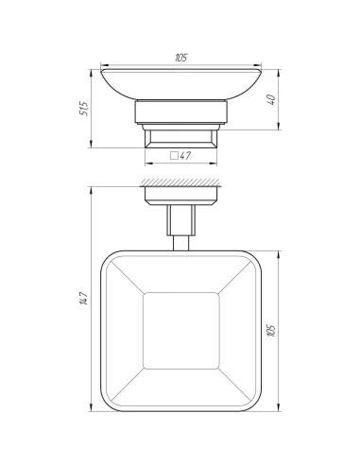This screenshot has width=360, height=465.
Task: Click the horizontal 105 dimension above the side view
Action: (180, 58)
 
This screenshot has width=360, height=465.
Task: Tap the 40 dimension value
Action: (272, 99)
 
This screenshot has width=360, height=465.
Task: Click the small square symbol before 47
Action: (173, 156)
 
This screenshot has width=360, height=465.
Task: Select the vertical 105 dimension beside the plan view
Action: (272, 331)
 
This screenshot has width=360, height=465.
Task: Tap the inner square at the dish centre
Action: (180, 331)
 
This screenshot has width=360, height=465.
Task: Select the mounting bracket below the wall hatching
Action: (180, 196)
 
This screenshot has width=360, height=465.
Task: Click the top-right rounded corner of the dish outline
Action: (254, 257)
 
